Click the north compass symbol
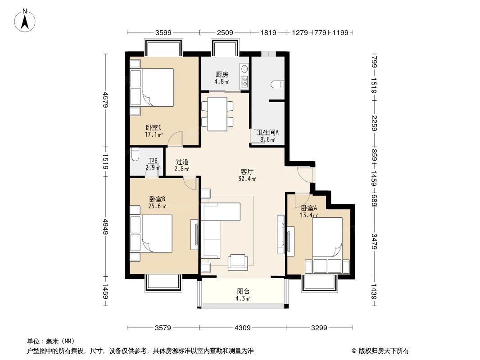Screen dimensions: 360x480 [x=26, y=20]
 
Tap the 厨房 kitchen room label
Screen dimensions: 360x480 [x=222, y=74]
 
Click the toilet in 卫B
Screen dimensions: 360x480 [x=135, y=155]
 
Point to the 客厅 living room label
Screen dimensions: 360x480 [x=247, y=171]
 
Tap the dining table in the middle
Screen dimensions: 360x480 [x=217, y=114]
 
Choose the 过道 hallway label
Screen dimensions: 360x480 [x=182, y=162]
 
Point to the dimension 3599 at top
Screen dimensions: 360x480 [x=163, y=32]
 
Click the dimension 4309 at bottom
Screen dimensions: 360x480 [x=243, y=328]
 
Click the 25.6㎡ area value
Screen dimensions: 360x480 [x=158, y=206]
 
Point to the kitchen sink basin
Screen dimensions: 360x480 [x=245, y=69]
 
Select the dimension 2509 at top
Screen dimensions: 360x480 [x=225, y=32]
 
